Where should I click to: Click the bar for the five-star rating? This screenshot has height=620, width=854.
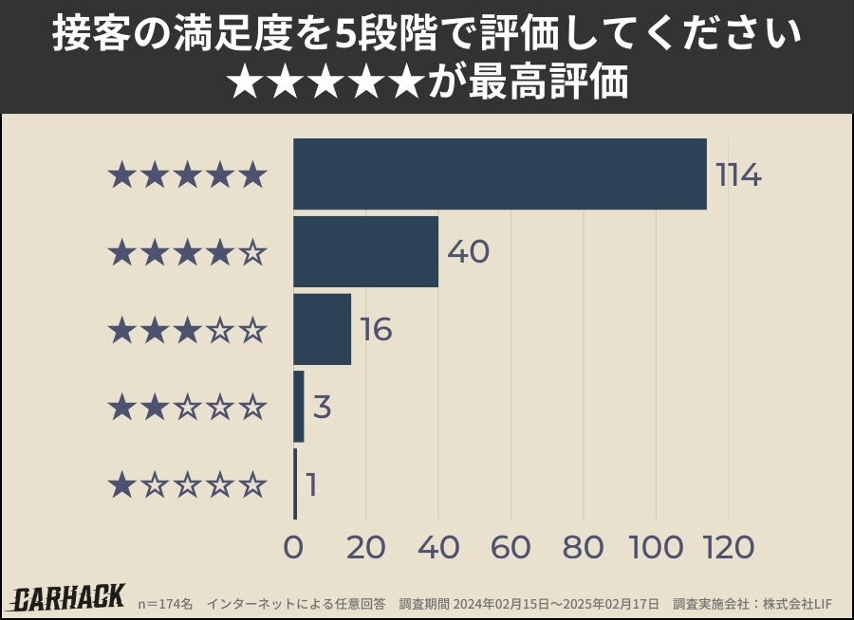pos(499,174)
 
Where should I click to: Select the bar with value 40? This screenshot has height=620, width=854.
pos(365,252)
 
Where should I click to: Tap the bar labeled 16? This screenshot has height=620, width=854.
pos(322,330)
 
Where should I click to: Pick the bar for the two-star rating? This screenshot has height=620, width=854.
pos(299,407)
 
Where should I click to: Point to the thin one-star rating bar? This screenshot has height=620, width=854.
pos(295,484)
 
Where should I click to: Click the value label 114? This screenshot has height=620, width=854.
pos(738,175)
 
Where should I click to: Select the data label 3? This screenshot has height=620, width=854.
pos(322,408)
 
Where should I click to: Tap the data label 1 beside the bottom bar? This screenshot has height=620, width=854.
pos(311,485)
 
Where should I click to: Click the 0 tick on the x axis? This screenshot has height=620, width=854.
pos(293,547)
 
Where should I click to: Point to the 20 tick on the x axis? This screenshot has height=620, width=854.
pos(365,547)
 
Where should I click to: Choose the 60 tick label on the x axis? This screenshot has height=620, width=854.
pos(511,547)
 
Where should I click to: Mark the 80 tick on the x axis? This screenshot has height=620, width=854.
pos(583,547)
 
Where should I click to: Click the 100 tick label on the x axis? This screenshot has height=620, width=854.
pos(655,547)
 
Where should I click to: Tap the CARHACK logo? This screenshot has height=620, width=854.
pos(68,598)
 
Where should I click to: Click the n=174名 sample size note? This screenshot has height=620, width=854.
pos(166,604)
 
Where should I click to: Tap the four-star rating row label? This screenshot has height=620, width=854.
pos(187,253)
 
